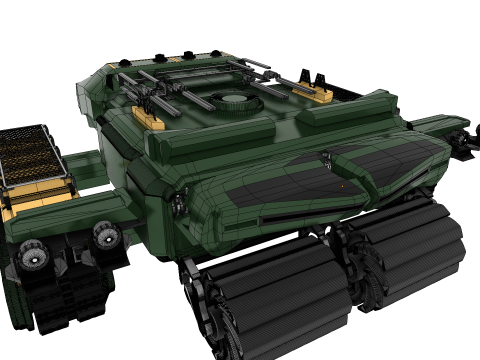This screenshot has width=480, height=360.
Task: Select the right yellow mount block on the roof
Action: click(320, 95)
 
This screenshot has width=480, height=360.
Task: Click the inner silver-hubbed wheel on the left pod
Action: click(105, 235)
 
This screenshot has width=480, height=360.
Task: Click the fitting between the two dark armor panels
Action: click(324, 154)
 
